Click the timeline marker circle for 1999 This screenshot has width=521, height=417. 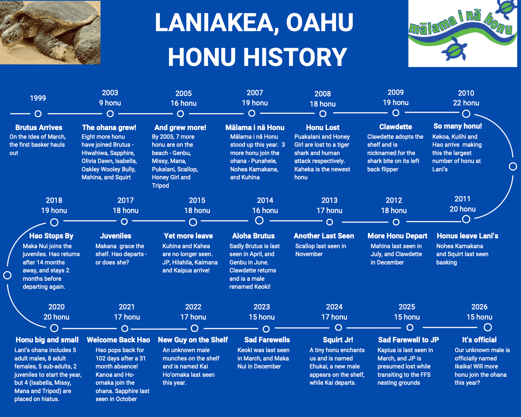click(x=38, y=114)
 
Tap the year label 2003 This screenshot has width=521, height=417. click(x=110, y=93)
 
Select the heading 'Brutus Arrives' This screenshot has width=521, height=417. click(x=39, y=128)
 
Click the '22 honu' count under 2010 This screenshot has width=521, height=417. click(x=466, y=103)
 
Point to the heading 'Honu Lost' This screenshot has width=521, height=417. click(x=323, y=128)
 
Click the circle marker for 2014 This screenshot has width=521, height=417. click(x=259, y=220)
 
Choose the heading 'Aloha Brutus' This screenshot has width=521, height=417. click(x=254, y=236)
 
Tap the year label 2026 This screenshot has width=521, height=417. click(x=479, y=307)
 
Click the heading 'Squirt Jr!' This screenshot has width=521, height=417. click(x=338, y=340)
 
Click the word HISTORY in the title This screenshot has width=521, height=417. click(x=295, y=57)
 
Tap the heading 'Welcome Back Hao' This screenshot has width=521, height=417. click(x=118, y=340)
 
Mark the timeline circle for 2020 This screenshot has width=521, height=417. click(x=54, y=328)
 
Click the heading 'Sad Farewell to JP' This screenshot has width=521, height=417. click(x=408, y=340)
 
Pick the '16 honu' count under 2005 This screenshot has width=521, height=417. click(x=183, y=104)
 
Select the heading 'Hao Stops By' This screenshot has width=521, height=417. click(x=51, y=236)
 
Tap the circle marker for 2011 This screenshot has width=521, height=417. click(x=466, y=219)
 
